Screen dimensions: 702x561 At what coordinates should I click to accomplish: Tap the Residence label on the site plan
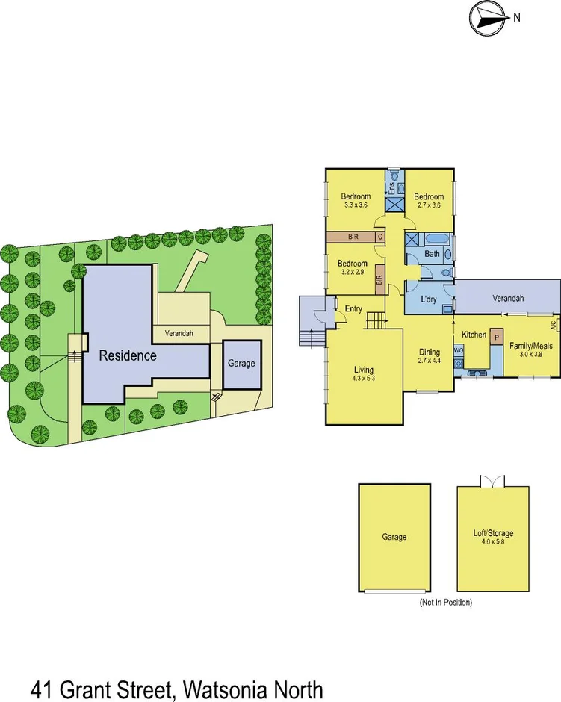click(x=128, y=355)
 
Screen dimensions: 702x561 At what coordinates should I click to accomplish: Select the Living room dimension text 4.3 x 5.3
click(x=365, y=379)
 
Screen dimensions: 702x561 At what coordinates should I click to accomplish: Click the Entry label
click(x=353, y=308)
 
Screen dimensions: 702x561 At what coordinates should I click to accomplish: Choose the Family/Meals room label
click(x=531, y=347)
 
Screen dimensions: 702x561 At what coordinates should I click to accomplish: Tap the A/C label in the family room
click(x=554, y=325)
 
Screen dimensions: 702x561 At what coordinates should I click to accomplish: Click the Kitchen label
click(x=474, y=335)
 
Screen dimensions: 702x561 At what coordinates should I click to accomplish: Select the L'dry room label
click(x=428, y=299)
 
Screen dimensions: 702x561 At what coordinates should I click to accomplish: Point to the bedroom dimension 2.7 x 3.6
click(x=430, y=205)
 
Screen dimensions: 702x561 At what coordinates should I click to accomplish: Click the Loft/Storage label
click(x=493, y=534)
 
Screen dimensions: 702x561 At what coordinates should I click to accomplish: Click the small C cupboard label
click(x=380, y=237)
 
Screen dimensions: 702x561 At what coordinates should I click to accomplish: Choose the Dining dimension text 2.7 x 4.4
click(x=430, y=361)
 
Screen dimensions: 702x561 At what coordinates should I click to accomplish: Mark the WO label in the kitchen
click(x=458, y=349)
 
